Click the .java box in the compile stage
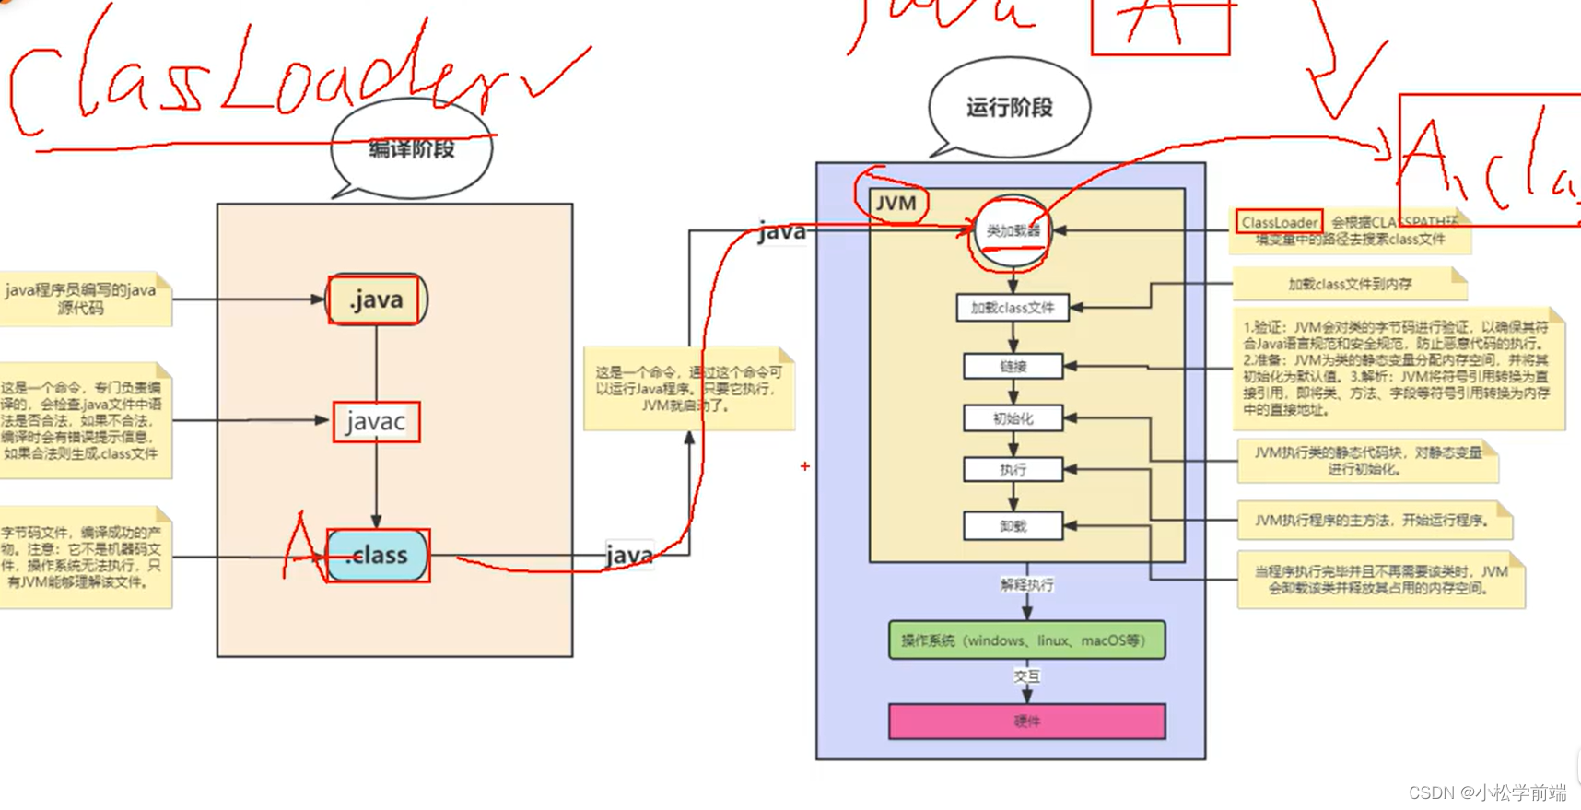(x=377, y=299)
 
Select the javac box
(x=376, y=422)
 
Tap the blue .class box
(x=378, y=556)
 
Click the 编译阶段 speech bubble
(x=411, y=150)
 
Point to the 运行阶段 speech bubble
(x=1009, y=108)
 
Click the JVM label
(x=896, y=203)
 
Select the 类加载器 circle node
(x=1013, y=231)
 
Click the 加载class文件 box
(x=1013, y=308)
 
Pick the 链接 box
(x=1013, y=367)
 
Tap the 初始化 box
(x=1013, y=418)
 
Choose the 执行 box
(x=1013, y=470)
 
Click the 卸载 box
(x=1013, y=526)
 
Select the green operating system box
(x=1026, y=640)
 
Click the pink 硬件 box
(x=1026, y=722)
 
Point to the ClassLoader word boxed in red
(x=1279, y=222)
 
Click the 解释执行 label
(x=1026, y=585)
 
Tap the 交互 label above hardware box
(x=1026, y=676)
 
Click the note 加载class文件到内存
(x=1349, y=285)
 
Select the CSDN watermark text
(x=1487, y=792)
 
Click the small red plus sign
(x=805, y=467)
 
